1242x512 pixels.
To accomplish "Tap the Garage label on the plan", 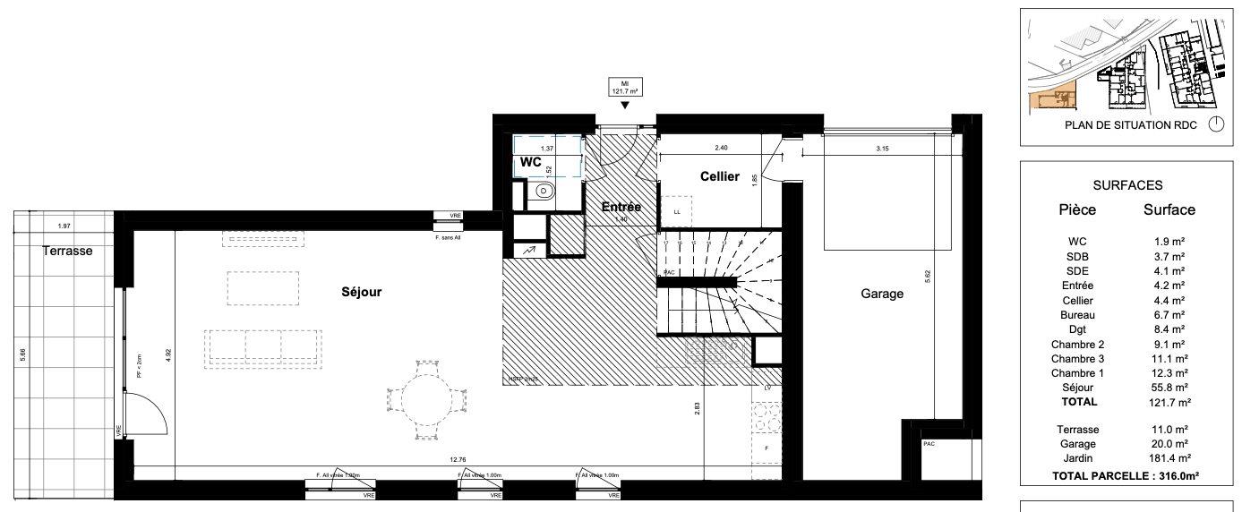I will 882,293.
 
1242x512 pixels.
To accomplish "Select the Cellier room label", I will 720,176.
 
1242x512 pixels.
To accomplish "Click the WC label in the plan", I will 530,163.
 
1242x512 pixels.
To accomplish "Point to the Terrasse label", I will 67,252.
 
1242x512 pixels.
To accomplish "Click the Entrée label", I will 621,207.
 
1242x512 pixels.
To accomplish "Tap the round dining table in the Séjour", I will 426,399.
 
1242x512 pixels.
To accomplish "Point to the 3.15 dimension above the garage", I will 880,149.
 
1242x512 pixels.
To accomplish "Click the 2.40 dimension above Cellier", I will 721,147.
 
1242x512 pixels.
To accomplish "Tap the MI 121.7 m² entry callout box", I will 624,87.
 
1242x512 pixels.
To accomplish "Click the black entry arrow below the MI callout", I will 624,106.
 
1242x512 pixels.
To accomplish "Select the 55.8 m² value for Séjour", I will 1169,388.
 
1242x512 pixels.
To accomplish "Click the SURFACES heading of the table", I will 1127,185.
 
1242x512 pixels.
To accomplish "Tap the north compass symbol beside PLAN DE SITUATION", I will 1215,125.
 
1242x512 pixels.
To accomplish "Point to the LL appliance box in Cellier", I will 676,212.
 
